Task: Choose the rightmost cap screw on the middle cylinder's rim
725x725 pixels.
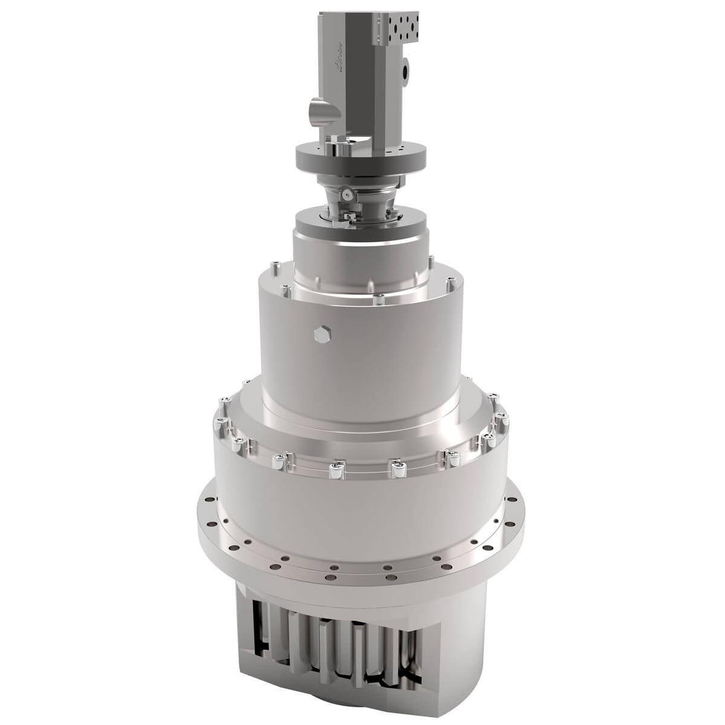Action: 450,282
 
